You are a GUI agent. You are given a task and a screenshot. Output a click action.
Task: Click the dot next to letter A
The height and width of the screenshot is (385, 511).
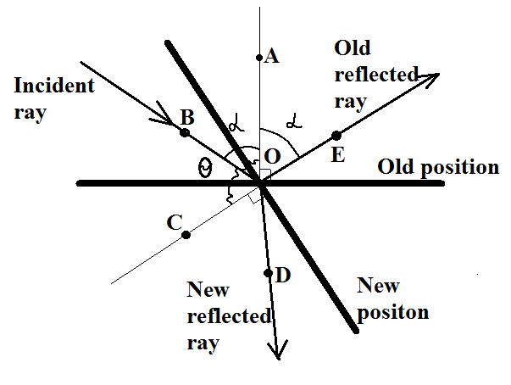click(x=259, y=58)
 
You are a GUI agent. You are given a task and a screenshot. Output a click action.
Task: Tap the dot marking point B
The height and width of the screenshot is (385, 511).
click(x=185, y=132)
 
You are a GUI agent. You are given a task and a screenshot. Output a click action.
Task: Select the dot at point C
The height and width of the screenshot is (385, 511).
click(x=186, y=235)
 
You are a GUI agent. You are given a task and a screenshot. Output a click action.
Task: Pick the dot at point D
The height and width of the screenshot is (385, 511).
click(x=269, y=273)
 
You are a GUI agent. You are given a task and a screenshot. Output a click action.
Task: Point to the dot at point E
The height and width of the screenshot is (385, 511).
click(x=336, y=135)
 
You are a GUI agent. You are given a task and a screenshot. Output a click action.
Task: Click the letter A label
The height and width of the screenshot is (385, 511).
click(x=272, y=57)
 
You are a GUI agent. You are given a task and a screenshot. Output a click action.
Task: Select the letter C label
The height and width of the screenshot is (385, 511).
click(x=175, y=223)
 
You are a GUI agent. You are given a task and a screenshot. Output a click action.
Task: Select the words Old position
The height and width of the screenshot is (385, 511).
click(x=438, y=167)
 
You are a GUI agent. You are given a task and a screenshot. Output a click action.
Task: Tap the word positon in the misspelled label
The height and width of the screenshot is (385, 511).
click(x=393, y=311)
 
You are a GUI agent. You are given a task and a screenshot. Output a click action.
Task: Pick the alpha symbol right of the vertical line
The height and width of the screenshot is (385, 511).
click(x=294, y=123)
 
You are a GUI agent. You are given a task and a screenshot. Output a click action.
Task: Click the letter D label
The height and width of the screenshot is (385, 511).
click(x=283, y=276)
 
